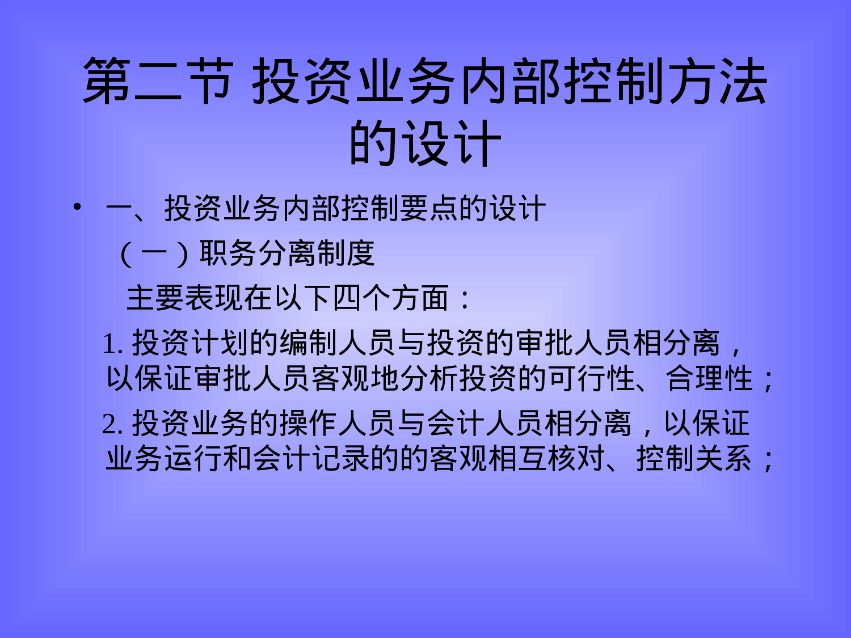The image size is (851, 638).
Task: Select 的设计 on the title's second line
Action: (x=425, y=143)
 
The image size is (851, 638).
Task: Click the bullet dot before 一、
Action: (x=77, y=207)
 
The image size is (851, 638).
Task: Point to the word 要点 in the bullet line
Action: (x=429, y=209)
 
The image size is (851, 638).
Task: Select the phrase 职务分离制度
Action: (x=287, y=253)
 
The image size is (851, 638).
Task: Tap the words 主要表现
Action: (x=185, y=298)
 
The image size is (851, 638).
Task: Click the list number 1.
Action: (x=112, y=344)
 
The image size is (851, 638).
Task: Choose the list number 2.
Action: (x=112, y=424)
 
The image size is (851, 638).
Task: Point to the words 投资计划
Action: (x=191, y=343)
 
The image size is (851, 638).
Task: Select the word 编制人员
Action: (x=338, y=343)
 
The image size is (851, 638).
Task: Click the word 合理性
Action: (x=709, y=378)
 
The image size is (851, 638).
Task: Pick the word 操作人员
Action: (x=338, y=424)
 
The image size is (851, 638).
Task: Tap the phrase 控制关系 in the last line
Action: (x=694, y=459)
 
